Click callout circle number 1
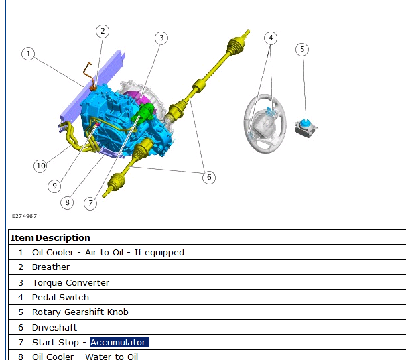click(x=28, y=54)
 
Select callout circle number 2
click(x=103, y=32)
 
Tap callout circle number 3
click(x=161, y=38)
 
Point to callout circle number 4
click(x=271, y=38)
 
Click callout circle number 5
click(x=302, y=49)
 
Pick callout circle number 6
click(x=209, y=177)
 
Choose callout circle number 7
click(x=90, y=203)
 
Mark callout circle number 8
click(x=67, y=202)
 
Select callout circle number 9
click(x=54, y=186)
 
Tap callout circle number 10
click(x=40, y=166)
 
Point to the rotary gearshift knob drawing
click(x=306, y=128)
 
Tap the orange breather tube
click(x=88, y=76)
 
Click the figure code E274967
click(x=24, y=216)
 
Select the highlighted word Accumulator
click(x=119, y=342)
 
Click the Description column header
click(x=63, y=238)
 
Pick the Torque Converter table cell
click(x=71, y=282)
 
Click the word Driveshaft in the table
click(x=55, y=327)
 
